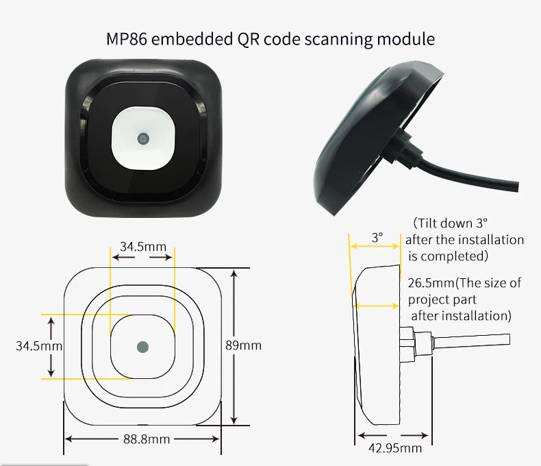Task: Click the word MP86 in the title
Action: [x=127, y=39]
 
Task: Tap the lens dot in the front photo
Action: [x=143, y=138]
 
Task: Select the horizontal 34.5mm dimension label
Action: [x=142, y=245]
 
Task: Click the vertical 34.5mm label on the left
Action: [x=38, y=346]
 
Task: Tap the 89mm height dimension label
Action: [x=244, y=345]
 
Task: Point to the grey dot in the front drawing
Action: [x=142, y=346]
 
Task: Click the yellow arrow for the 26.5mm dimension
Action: [x=377, y=306]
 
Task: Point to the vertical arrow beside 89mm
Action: [x=234, y=346]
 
